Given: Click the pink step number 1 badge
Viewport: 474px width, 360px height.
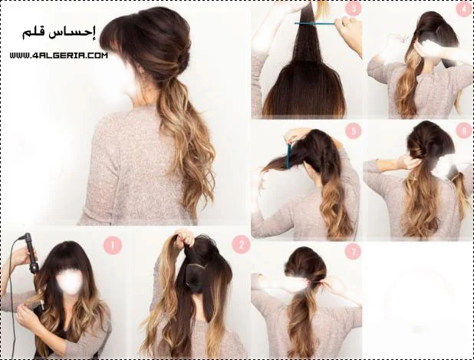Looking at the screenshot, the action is click(x=113, y=246).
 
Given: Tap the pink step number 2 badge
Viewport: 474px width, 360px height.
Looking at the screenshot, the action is click(x=241, y=245).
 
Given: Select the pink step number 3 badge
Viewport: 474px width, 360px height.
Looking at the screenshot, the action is click(x=354, y=8).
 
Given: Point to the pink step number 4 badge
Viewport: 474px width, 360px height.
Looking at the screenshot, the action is click(x=464, y=8).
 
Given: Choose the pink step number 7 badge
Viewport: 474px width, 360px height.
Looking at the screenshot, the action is click(x=352, y=251).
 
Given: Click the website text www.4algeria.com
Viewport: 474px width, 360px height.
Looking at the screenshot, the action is click(x=58, y=55).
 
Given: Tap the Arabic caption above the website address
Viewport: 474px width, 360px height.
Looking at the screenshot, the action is click(x=59, y=33).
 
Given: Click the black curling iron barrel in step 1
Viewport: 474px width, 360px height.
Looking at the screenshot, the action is click(x=31, y=253).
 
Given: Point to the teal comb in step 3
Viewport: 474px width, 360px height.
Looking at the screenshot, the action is click(x=314, y=23).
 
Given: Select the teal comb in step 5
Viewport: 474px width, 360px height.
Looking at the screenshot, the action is click(x=288, y=156).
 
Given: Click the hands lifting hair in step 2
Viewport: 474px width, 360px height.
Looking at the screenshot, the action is click(x=183, y=238).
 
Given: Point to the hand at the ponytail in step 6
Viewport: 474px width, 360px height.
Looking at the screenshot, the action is click(x=410, y=162).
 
